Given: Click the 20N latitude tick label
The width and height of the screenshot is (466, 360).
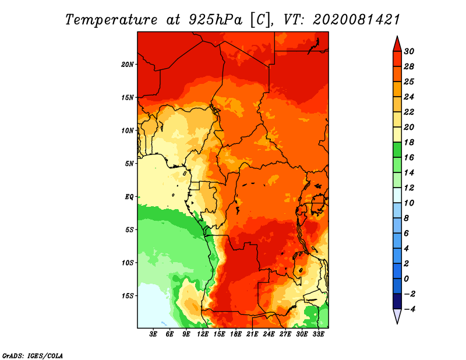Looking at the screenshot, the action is click(128, 65).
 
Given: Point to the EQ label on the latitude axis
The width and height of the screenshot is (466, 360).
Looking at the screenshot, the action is click(129, 197).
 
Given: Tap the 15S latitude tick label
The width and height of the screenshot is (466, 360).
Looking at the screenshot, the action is click(128, 296).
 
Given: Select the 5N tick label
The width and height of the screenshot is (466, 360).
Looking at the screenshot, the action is click(129, 164).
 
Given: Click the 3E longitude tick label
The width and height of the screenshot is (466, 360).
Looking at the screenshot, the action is click(153, 334).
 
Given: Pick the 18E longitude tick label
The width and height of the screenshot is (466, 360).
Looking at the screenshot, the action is click(236, 334).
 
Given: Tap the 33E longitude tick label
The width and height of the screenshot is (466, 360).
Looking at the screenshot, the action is click(318, 334).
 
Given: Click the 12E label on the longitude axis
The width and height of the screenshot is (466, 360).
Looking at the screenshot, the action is click(203, 334).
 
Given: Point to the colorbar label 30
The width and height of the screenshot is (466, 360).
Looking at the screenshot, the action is click(409, 51).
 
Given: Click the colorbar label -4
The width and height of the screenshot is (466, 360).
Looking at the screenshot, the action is click(409, 309).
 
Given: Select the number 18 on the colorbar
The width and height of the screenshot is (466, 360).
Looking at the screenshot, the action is click(409, 142).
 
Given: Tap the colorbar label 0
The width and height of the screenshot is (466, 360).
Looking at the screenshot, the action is click(407, 279).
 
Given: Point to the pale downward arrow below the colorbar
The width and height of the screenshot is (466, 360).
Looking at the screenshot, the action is click(397, 316).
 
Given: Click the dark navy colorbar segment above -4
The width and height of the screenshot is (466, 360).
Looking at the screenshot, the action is click(397, 301).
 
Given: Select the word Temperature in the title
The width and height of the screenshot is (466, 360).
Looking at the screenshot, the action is click(111, 20).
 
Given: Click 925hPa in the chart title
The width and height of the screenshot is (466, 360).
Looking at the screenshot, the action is click(215, 20).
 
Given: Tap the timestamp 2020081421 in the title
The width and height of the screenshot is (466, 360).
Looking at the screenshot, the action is click(356, 20).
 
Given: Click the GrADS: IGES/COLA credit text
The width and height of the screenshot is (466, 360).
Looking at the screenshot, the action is click(33, 356).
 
